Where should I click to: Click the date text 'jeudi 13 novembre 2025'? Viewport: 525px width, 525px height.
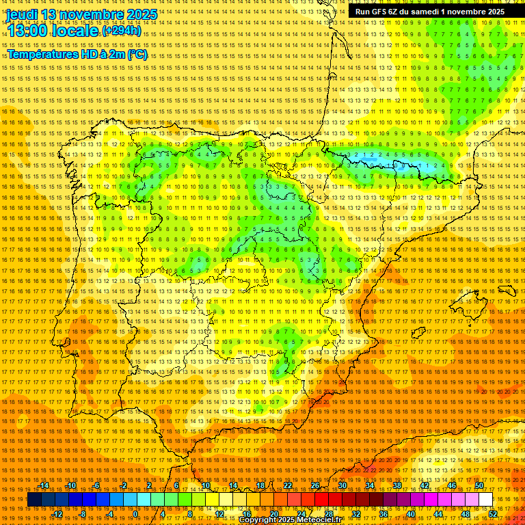tap(81, 14)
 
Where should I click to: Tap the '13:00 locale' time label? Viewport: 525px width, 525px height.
tap(53, 31)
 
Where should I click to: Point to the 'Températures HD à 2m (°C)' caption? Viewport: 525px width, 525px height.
tap(77, 55)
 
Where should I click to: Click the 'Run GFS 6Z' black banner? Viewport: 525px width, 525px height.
tap(429, 12)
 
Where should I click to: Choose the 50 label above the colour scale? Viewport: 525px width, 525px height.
tap(479, 485)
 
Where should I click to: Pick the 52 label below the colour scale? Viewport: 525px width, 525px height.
tap(493, 514)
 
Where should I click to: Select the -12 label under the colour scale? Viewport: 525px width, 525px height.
tap(57, 514)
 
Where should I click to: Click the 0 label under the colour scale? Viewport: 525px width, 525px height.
tap(136, 514)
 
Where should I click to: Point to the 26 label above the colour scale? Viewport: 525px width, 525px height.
tap(314, 485)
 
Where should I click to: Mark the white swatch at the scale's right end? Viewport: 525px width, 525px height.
tap(485, 500)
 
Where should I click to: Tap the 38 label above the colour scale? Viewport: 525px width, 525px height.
tap(397, 485)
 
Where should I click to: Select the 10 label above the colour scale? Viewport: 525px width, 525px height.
tap(205, 485)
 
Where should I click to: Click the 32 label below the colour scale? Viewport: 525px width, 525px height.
tap(355, 514)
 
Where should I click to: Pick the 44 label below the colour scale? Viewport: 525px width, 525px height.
tap(438, 514)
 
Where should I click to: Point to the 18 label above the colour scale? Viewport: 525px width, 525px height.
tap(260, 485)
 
